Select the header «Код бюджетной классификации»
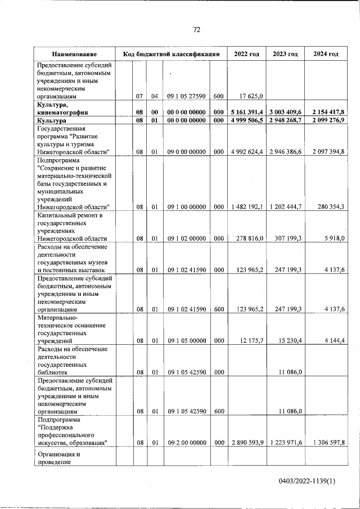171,54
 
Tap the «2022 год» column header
246,54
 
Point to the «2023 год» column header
285,54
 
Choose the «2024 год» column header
326,54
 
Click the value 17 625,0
247,96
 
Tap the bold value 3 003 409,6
285,112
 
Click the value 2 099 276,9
326,120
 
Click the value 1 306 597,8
326,443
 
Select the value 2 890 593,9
246,443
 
